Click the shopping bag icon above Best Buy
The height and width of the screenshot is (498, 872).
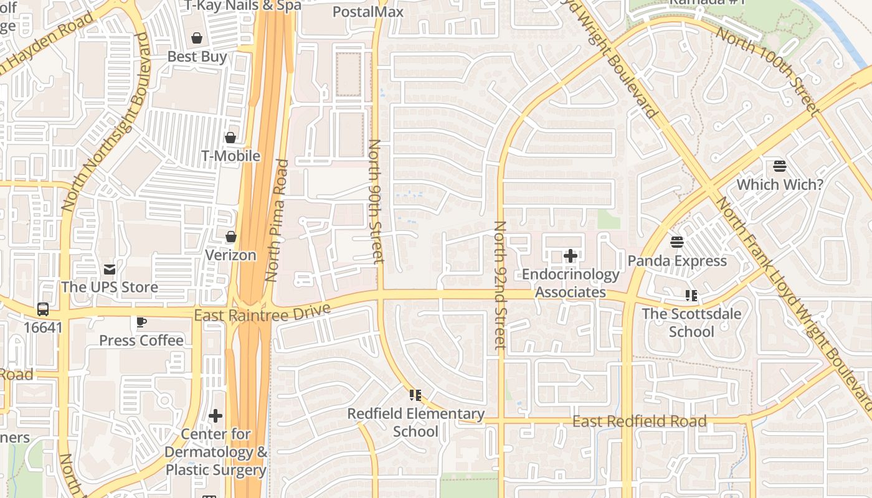click(197, 39)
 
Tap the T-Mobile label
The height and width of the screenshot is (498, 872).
click(230, 156)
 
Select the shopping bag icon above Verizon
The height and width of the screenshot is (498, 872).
click(230, 237)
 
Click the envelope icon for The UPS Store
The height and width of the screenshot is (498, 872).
click(110, 270)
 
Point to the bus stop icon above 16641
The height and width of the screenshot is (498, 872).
click(42, 309)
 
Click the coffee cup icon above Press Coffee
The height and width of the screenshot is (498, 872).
click(141, 322)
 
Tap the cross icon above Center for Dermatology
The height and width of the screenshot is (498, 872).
click(216, 416)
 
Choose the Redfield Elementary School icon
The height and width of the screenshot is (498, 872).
click(415, 395)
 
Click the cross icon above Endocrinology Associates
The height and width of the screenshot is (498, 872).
click(570, 256)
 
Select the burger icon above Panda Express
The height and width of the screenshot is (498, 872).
click(677, 242)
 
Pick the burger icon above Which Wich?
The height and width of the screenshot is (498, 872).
click(780, 166)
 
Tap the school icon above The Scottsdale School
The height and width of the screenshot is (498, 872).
click(691, 295)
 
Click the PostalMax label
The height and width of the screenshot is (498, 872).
click(367, 11)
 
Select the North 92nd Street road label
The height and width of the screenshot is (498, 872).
click(500, 285)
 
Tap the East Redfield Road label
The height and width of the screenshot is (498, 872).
click(639, 422)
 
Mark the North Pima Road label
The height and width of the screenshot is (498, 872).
click(277, 220)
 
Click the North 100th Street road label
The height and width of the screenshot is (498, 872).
click(765, 70)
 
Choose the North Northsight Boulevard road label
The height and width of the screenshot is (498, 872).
click(105, 121)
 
